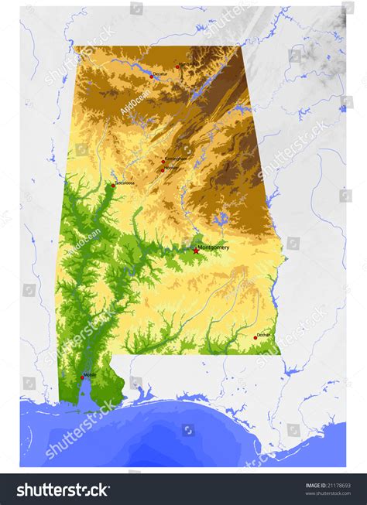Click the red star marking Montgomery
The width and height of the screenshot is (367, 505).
click(195, 251)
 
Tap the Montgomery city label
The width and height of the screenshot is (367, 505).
click(214, 247)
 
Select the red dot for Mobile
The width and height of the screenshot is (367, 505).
click(82, 377)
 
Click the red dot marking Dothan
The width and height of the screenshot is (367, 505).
click(256, 337)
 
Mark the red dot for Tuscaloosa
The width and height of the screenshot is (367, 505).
click(112, 186)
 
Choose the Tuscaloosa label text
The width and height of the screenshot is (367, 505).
click(125, 183)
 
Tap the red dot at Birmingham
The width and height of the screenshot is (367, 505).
click(163, 162)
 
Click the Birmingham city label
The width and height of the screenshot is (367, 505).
click(175, 159)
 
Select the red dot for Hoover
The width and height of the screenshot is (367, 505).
click(163, 169)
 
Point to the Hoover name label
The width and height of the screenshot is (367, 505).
click(172, 168)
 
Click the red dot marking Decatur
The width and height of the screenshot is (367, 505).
click(152, 76)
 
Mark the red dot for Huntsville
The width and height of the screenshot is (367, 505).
click(177, 67)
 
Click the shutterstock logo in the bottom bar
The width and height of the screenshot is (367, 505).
click(63, 490)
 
